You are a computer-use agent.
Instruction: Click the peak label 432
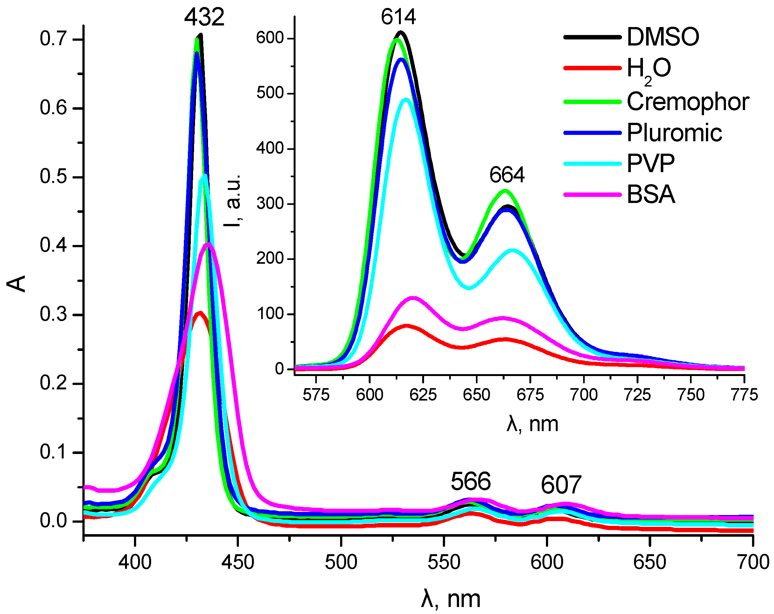(x=204, y=17)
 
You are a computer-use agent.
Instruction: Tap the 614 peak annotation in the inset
(x=398, y=17)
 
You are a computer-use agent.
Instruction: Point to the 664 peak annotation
(x=506, y=175)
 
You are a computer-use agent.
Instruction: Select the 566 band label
(x=470, y=482)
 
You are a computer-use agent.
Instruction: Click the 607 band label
(x=561, y=485)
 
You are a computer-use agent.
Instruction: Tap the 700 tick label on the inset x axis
(x=584, y=395)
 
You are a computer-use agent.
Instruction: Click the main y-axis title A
(x=17, y=284)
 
